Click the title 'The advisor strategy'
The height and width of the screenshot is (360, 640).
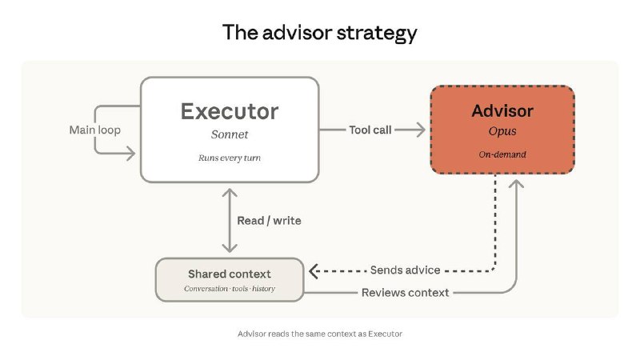point(319,33)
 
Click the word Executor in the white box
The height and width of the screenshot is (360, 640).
point(230,110)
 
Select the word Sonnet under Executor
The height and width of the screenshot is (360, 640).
point(230,134)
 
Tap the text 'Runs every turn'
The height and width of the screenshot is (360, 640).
point(230,158)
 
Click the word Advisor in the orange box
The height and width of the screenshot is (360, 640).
point(502,110)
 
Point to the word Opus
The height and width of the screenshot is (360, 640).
point(502,130)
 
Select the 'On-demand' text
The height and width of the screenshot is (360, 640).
point(502,154)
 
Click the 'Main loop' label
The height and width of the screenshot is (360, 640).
point(95,130)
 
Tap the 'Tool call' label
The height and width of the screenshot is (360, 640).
point(370,130)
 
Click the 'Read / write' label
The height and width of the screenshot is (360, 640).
point(270,220)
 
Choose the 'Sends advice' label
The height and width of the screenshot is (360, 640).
point(405,270)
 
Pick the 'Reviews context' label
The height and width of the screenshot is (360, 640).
point(406,293)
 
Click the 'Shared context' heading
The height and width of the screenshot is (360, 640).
point(230,274)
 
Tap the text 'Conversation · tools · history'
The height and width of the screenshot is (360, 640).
point(230,288)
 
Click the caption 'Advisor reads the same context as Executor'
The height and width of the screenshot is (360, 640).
point(319,334)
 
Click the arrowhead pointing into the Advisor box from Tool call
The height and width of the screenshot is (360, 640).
point(421,130)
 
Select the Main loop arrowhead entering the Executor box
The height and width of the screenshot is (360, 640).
point(130,152)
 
